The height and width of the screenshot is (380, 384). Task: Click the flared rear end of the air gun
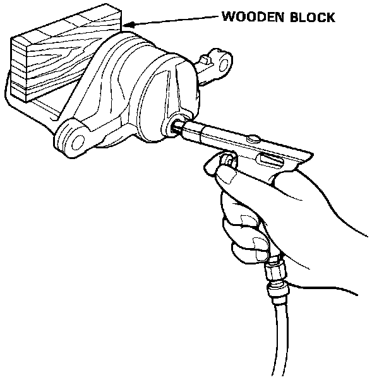(x=303, y=158)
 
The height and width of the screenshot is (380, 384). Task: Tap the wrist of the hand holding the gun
(x=347, y=240)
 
